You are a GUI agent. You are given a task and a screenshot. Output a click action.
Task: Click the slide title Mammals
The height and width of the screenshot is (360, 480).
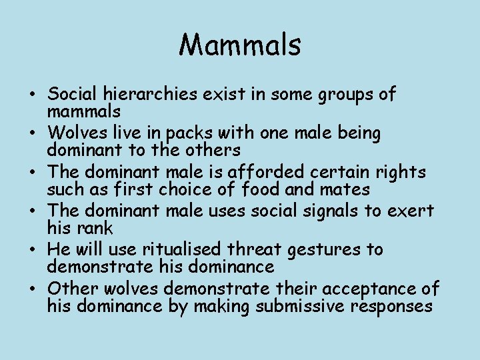tap(240, 45)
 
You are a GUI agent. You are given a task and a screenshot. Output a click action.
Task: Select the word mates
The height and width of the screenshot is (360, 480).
tap(345, 189)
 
